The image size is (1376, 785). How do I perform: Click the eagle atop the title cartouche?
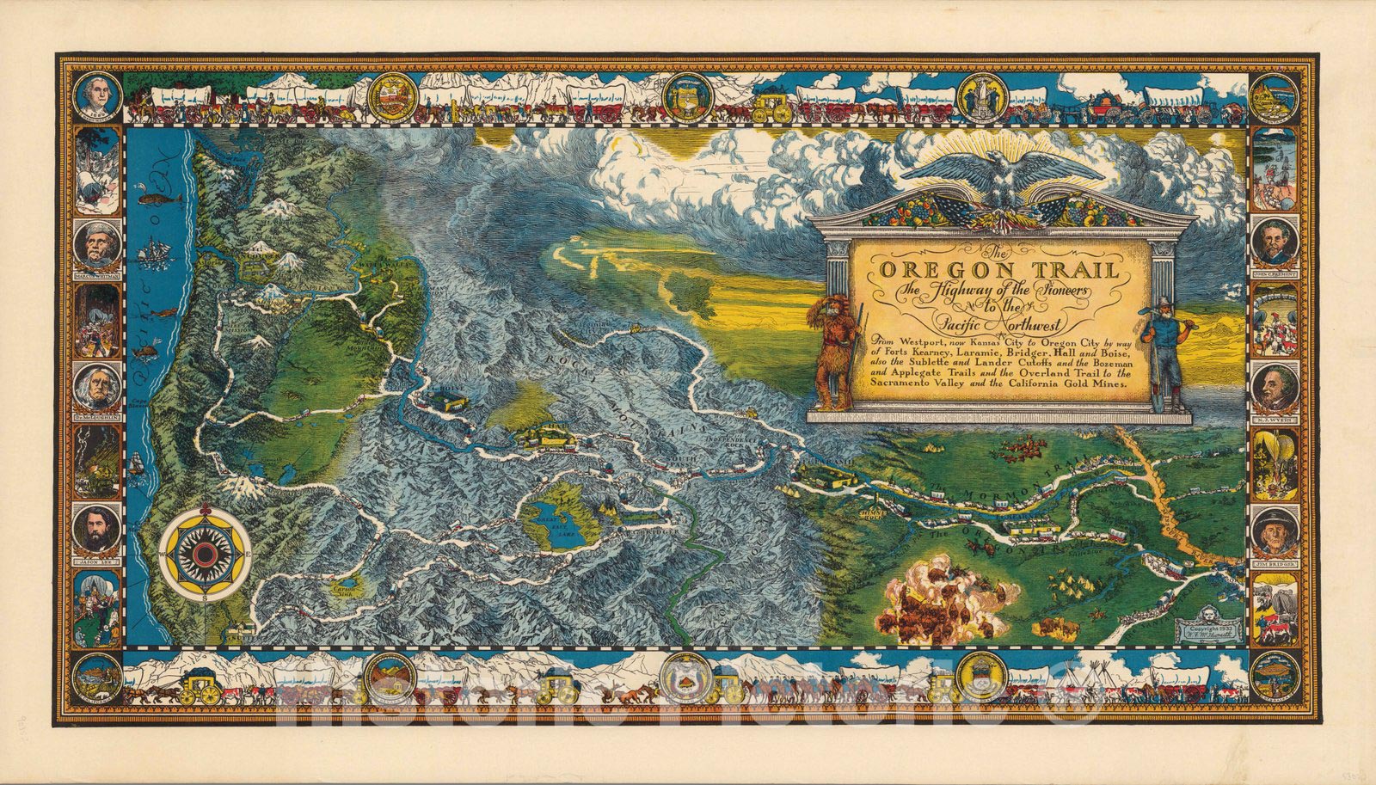click(1002, 181)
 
